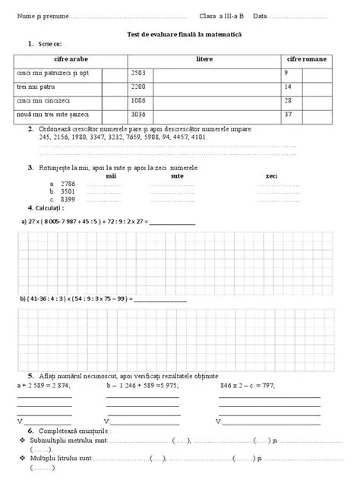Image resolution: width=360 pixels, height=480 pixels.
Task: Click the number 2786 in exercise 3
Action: [68, 184]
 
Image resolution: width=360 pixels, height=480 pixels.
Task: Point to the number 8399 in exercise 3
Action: [68, 199]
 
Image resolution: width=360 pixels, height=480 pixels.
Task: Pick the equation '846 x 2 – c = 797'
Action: [247, 386]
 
